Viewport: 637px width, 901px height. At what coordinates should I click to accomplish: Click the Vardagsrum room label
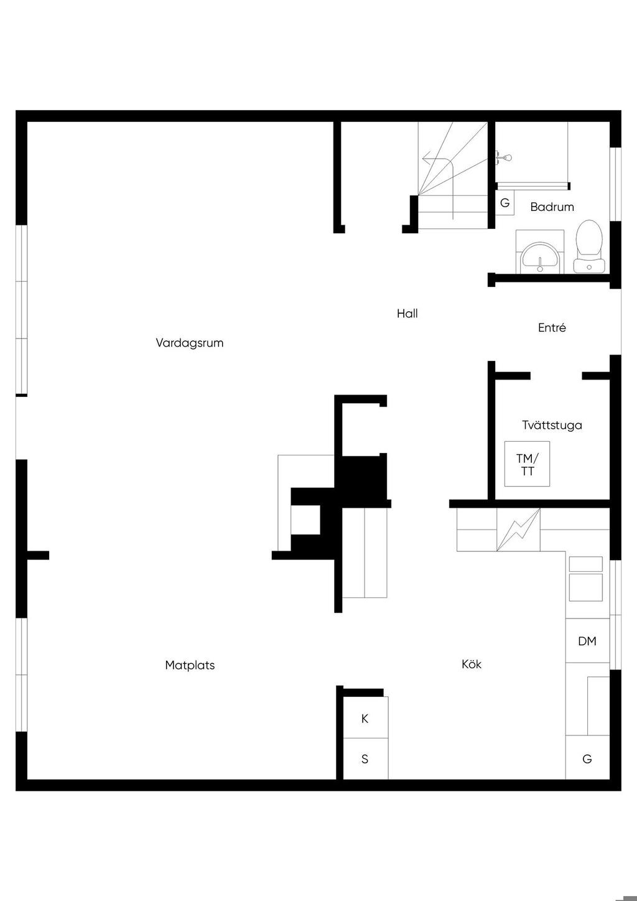point(189,343)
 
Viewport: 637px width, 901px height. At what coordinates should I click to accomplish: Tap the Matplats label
point(190,665)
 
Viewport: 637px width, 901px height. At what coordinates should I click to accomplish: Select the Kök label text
point(472,664)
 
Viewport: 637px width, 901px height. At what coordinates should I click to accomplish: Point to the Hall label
point(407,314)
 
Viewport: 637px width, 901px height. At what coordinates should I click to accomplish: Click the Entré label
point(552,327)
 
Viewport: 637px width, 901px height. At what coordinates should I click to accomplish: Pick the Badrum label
point(552,207)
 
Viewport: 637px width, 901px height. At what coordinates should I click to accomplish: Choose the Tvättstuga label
point(552,425)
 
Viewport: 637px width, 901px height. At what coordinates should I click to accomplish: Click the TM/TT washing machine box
point(527,464)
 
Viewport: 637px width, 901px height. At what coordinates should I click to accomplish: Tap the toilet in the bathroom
point(589,246)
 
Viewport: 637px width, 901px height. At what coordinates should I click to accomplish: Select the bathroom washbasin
point(540,258)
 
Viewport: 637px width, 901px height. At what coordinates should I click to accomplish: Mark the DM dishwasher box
point(587,641)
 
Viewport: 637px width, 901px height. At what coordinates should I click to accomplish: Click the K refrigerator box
point(365,719)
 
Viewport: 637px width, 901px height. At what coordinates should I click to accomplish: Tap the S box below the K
point(365,759)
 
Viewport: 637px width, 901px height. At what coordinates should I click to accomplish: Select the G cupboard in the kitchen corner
point(587,759)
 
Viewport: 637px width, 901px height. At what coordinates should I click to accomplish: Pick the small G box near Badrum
point(504,203)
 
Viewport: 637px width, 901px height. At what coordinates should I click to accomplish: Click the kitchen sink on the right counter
point(585,579)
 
